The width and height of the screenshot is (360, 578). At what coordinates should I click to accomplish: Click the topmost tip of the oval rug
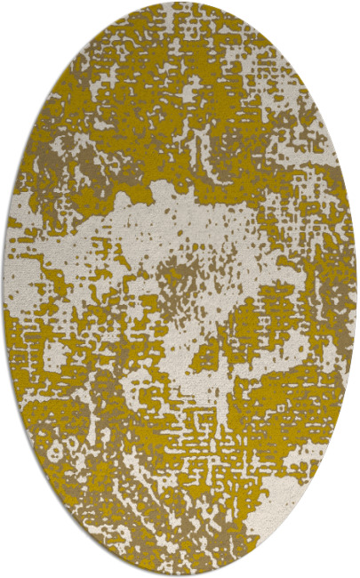(x=180, y=3)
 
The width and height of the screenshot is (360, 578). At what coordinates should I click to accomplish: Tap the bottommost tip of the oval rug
(x=180, y=575)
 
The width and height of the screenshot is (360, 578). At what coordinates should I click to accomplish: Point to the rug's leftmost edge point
(x=4, y=289)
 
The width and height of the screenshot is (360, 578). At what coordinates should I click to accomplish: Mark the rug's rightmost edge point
(x=356, y=289)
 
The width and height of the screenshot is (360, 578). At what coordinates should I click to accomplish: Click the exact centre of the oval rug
(x=180, y=289)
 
